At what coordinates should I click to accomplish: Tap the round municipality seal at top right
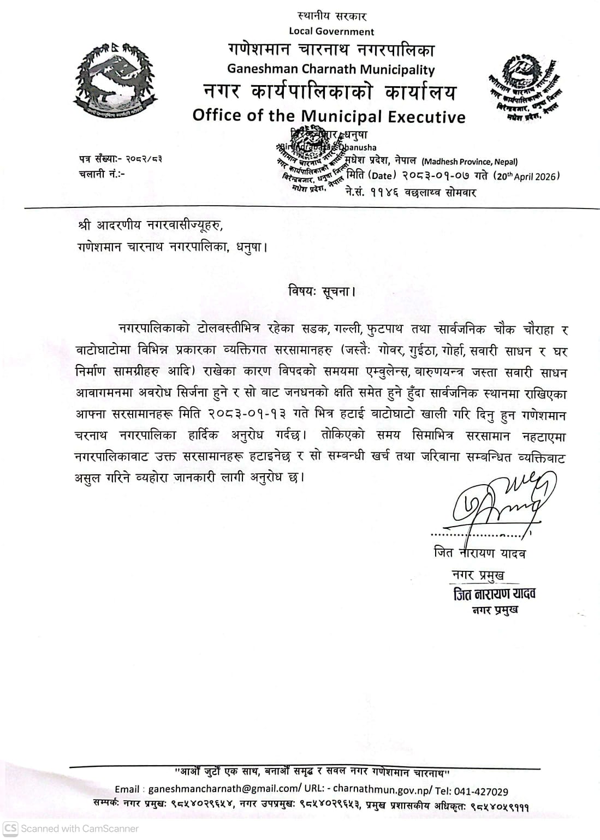tap(522, 87)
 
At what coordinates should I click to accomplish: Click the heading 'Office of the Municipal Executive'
tap(329, 116)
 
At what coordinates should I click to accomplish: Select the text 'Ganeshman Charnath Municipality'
tap(331, 69)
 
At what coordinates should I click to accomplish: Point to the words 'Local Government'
tap(331, 31)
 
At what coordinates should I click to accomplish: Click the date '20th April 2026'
tap(527, 176)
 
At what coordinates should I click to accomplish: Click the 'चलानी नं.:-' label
tap(102, 175)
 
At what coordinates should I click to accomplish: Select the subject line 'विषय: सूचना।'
tap(322, 291)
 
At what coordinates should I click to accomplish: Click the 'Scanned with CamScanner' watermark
tap(72, 828)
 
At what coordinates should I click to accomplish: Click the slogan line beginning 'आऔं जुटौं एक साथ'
tap(312, 773)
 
